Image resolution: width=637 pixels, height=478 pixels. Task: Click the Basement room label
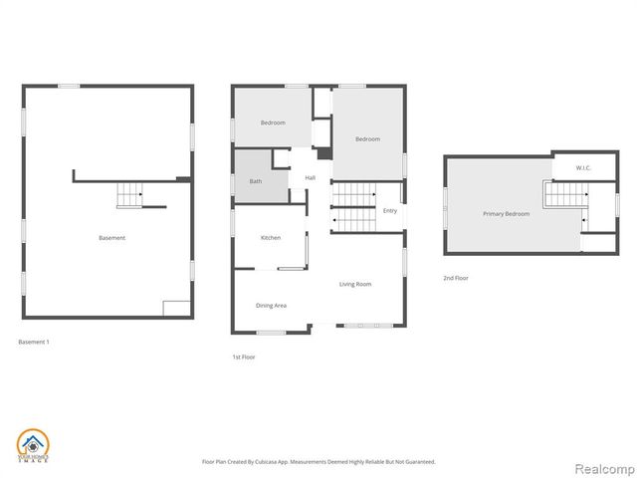111,238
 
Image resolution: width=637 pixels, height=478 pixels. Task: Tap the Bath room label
255,181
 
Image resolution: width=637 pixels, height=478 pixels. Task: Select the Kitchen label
271,238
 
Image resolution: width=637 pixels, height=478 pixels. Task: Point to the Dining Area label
271,306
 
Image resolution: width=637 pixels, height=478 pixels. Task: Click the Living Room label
355,285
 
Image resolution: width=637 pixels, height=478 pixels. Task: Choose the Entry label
389,210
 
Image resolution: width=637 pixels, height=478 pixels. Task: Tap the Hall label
311,178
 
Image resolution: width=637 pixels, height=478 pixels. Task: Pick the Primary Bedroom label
506,214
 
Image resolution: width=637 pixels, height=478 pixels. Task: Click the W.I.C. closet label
583,167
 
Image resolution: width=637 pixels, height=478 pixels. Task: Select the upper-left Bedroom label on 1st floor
273,122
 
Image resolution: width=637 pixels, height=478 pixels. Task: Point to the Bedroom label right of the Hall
368,139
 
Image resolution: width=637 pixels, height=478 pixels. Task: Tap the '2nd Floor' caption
456,278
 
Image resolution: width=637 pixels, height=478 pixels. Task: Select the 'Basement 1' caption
34,342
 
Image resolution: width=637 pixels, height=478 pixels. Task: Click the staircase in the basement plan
130,196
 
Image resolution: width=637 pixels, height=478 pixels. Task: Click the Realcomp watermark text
602,463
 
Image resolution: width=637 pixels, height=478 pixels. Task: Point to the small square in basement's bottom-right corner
176,308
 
